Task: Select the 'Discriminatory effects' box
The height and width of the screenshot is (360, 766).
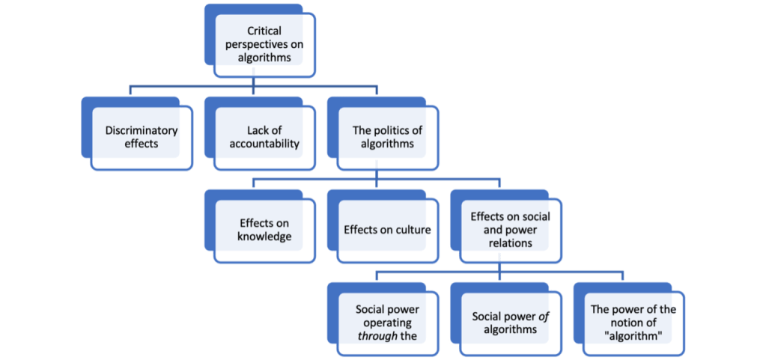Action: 142,136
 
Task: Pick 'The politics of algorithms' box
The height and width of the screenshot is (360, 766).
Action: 383,136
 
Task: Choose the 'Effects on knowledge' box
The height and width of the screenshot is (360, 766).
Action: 264,230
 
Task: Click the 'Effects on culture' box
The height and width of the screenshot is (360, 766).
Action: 387,230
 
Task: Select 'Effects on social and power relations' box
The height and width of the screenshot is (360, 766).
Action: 510,230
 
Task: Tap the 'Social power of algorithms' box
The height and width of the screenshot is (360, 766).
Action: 510,323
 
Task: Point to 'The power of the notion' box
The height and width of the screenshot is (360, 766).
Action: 633,323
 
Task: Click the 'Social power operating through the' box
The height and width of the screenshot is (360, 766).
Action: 387,323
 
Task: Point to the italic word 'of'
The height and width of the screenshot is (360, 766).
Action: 544,316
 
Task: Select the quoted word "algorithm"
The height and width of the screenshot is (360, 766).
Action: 633,335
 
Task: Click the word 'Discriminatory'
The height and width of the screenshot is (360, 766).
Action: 142,130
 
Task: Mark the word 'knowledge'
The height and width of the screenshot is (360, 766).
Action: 264,237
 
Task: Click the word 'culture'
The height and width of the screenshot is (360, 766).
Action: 412,230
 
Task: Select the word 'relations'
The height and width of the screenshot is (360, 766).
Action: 510,242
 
